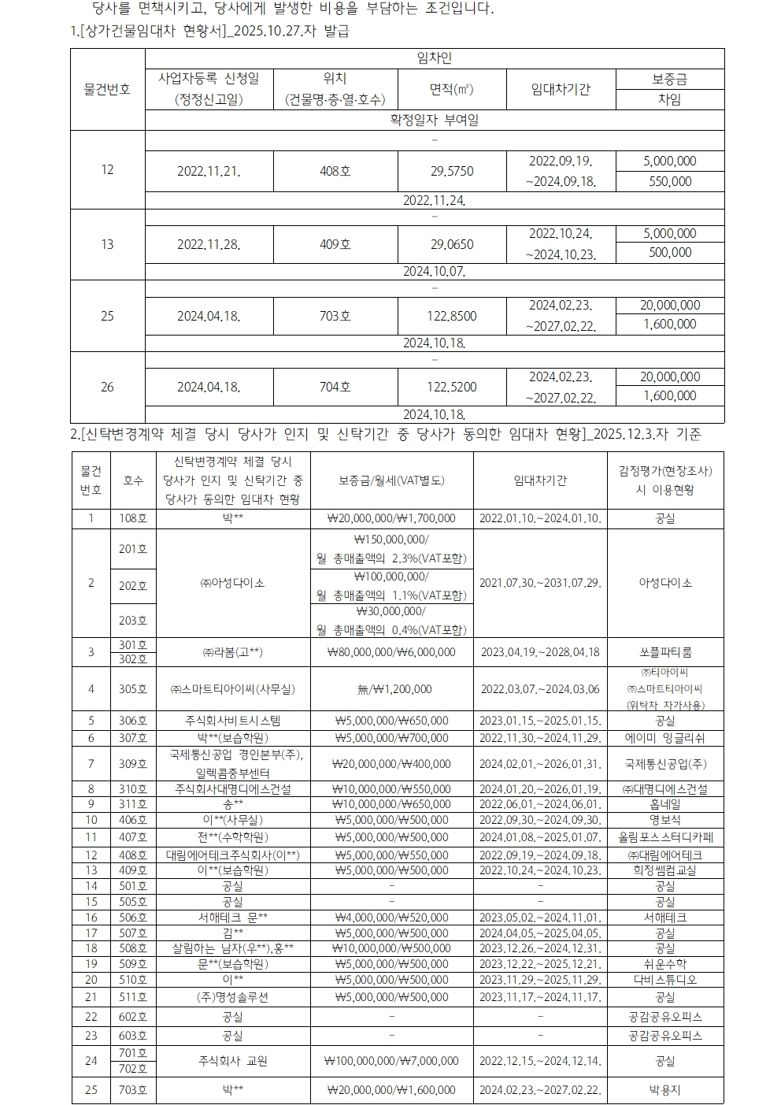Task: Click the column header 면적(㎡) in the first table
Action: [452, 90]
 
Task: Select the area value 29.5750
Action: [452, 171]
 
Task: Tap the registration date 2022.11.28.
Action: [209, 244]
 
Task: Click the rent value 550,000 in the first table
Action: [669, 181]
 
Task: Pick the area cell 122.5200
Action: [452, 387]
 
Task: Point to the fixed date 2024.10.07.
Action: [435, 272]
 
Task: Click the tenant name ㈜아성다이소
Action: [233, 583]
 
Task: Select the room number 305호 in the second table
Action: [133, 689]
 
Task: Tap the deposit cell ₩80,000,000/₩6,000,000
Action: [391, 652]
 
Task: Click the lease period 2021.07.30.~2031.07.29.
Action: [540, 583]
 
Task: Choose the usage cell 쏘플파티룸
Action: [665, 652]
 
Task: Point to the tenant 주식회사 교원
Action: [233, 1061]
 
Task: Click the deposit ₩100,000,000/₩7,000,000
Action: [391, 1061]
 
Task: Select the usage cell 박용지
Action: [665, 1090]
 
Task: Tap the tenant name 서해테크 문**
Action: [233, 918]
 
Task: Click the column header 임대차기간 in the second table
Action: [540, 480]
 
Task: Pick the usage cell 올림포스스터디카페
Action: [665, 836]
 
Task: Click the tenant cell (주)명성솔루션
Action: [233, 997]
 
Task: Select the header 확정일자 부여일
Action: [435, 121]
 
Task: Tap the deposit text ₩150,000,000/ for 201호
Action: [391, 540]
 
